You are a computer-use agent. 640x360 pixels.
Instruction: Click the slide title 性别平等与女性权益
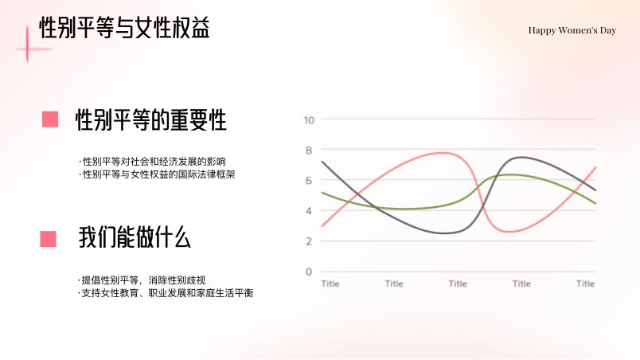(124, 28)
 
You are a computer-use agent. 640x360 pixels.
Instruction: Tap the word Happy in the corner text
(541, 30)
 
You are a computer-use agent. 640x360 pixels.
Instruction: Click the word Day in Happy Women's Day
(608, 30)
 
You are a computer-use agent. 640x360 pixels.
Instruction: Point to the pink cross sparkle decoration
(28, 49)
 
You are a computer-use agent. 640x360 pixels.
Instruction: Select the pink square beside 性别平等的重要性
(50, 119)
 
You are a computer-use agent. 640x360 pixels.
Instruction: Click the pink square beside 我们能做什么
(49, 239)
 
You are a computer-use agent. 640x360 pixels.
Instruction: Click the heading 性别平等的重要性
(151, 120)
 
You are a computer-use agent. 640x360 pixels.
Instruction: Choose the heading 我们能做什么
(135, 237)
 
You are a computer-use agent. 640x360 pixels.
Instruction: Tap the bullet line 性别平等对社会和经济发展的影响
(153, 161)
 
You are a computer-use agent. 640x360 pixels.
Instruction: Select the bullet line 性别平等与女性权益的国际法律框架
(157, 174)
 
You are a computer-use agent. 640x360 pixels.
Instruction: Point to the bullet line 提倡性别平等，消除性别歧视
(142, 280)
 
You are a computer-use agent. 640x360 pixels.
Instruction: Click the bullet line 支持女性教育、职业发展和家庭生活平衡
(166, 293)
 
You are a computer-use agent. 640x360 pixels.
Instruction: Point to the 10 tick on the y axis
(309, 120)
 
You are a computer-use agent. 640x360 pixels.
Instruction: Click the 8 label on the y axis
(309, 151)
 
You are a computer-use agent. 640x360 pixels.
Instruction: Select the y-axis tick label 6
(309, 181)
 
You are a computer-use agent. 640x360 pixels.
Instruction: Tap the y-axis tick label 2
(309, 241)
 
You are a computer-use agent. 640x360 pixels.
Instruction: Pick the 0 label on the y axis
(309, 272)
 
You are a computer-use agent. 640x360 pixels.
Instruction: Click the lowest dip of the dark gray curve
(444, 233)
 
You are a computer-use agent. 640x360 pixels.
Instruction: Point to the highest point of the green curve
(509, 174)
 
